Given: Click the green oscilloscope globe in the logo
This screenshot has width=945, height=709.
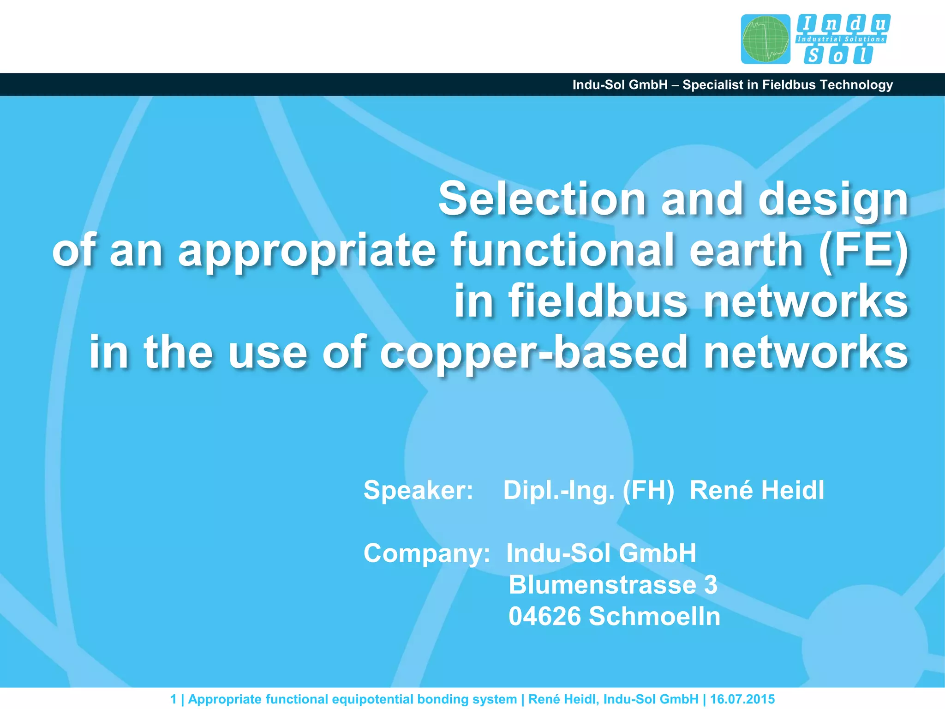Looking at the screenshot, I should coord(766,39).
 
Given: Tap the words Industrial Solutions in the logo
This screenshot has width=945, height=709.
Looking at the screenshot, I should coord(841,40).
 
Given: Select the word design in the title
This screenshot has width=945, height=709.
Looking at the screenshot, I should coord(833,199).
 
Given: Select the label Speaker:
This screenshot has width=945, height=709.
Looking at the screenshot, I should coord(418,490).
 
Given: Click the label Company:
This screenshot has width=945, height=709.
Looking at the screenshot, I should coord(426,553).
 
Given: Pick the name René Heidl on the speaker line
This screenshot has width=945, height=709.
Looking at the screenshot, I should coord(757,490).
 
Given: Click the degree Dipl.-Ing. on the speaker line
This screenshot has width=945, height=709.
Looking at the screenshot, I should coord(559,490).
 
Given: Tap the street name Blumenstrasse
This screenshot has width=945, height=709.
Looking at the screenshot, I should coord(602,584).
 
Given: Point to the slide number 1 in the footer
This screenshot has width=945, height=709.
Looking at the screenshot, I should coord(173,699).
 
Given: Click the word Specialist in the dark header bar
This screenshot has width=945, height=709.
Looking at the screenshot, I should coord(713,85).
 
